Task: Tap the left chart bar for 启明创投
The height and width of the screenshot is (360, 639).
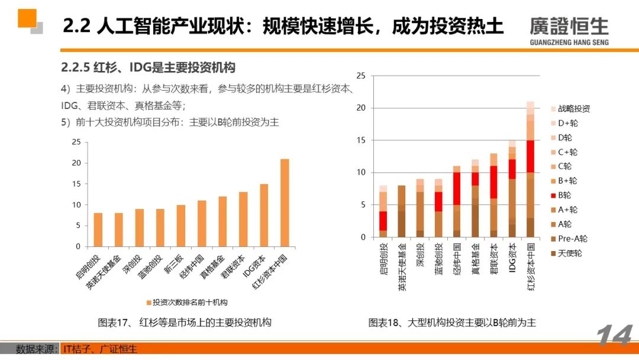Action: point(98,230)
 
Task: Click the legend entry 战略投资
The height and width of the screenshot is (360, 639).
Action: point(574,109)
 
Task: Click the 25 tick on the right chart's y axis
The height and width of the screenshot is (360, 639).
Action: point(362,76)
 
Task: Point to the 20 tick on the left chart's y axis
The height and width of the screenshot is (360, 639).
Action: point(75,163)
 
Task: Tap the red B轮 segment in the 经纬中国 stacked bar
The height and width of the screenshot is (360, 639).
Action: point(456,189)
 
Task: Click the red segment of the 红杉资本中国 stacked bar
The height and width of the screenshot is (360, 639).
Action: point(530,156)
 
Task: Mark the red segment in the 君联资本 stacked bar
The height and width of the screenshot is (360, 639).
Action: point(493,182)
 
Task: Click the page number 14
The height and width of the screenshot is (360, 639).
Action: point(614,337)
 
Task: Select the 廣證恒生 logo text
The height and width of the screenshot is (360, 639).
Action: point(569,26)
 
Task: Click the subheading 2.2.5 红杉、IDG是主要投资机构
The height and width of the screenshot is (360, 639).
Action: point(148,67)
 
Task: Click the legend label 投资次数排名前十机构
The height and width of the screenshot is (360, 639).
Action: point(189,302)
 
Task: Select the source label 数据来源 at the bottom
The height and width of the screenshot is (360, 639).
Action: point(36,349)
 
